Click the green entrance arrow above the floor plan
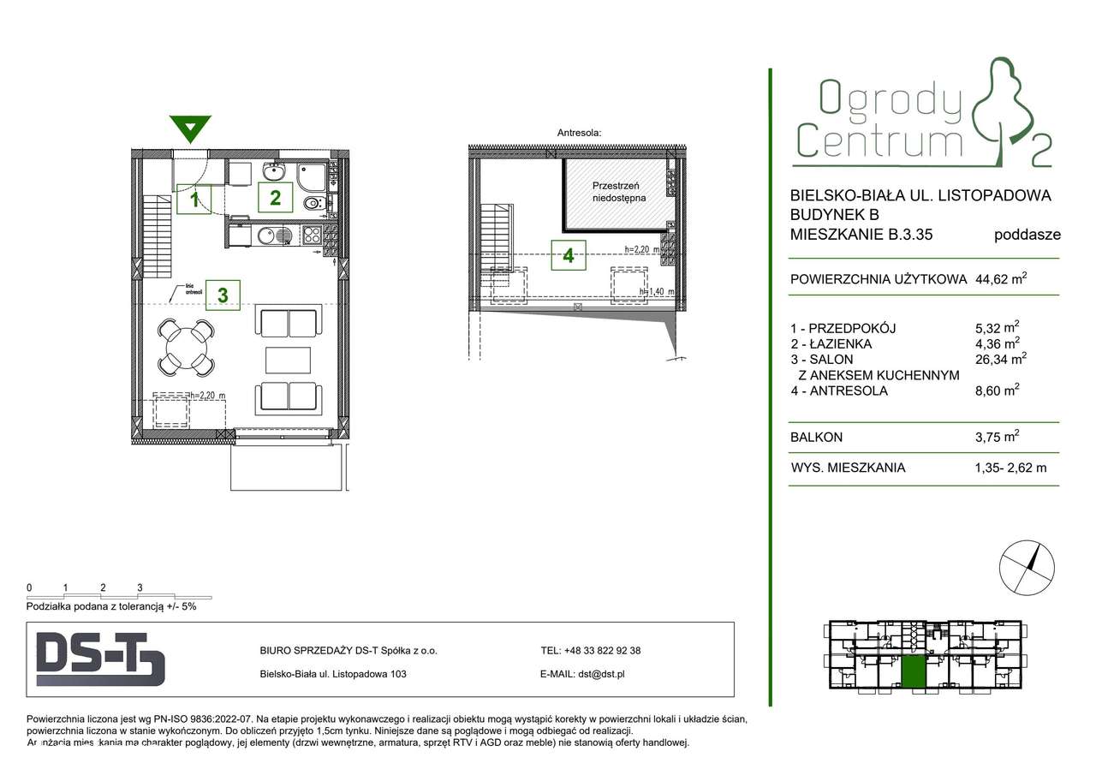click(190, 129)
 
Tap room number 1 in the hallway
click(194, 200)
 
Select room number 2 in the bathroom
click(275, 198)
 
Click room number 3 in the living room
click(223, 295)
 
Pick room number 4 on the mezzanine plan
click(569, 254)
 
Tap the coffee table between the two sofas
click(288, 361)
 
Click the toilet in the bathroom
click(313, 204)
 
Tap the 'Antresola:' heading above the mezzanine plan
click(580, 133)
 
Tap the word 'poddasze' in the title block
click(1027, 235)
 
